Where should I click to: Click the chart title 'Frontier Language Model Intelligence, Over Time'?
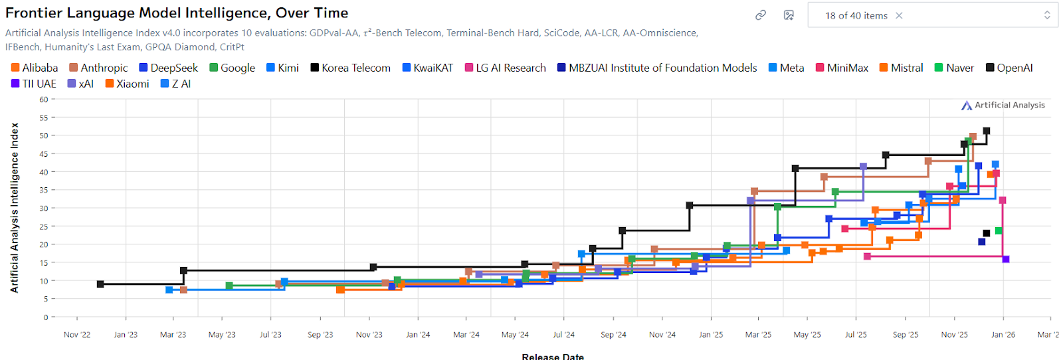[177, 13]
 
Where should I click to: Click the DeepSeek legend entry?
[169, 68]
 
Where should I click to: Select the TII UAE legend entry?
[34, 84]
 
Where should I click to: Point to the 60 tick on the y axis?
[44, 100]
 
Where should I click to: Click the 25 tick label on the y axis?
[44, 226]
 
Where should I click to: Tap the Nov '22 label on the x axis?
[77, 335]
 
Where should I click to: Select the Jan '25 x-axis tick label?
[711, 335]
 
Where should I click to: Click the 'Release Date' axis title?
[553, 356]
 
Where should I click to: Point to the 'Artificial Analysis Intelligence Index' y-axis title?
[14, 208]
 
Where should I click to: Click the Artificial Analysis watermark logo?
[1003, 105]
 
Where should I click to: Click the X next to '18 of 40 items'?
[899, 15]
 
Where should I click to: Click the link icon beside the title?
[761, 15]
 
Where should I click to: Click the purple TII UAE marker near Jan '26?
[1006, 259]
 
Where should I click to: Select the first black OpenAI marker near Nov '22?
[100, 284]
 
